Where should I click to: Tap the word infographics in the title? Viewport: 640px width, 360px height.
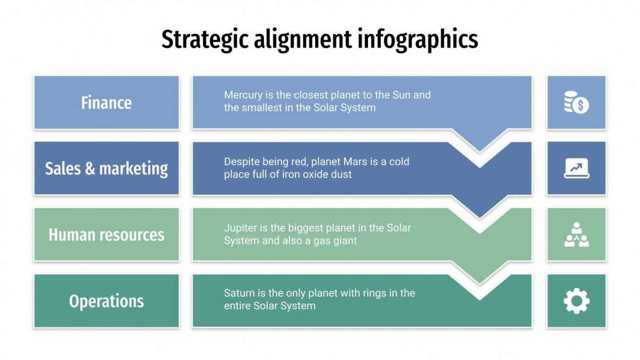click(x=418, y=40)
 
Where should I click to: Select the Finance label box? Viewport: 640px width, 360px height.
click(x=106, y=102)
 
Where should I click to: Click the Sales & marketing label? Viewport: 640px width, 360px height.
click(x=106, y=169)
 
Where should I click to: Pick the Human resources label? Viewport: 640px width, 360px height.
click(x=106, y=235)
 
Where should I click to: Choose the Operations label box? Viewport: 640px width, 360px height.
click(x=106, y=301)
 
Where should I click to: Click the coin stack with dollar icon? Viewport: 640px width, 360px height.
click(x=576, y=103)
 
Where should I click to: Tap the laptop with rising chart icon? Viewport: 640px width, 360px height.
click(x=576, y=168)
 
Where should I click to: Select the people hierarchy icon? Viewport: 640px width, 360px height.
click(x=576, y=235)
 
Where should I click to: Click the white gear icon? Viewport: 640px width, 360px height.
click(x=576, y=301)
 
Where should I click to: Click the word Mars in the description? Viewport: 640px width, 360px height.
click(x=354, y=161)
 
